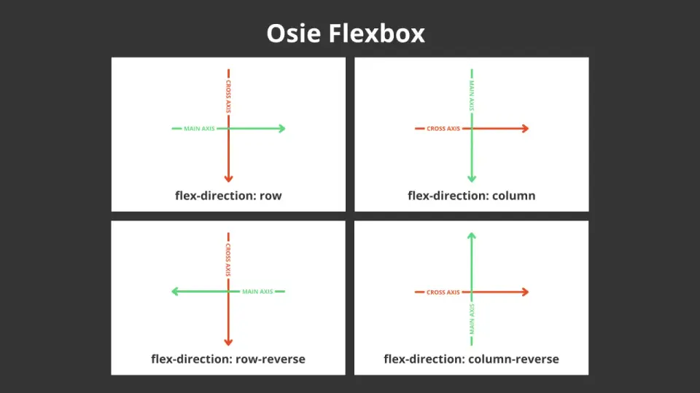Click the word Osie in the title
coord(294,33)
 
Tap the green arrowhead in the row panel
coord(281,128)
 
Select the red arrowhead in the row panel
coord(228,179)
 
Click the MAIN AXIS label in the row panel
coord(199,128)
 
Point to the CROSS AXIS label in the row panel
coord(228,96)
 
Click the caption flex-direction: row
coord(228,196)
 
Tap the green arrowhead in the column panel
coord(472,179)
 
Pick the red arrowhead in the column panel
coord(526,128)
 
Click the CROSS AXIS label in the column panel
coord(443,128)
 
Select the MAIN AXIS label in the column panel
coord(472,95)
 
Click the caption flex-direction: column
coord(472,196)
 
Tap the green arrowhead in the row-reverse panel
coord(175,291)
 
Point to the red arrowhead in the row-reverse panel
coord(228,342)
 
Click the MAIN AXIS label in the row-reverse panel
coord(257,291)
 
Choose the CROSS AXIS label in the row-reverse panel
coord(228,260)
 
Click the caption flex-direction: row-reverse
coord(228,359)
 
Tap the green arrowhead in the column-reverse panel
coord(472,236)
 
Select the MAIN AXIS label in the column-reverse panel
coord(472,319)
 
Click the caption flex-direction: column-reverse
coord(472,359)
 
